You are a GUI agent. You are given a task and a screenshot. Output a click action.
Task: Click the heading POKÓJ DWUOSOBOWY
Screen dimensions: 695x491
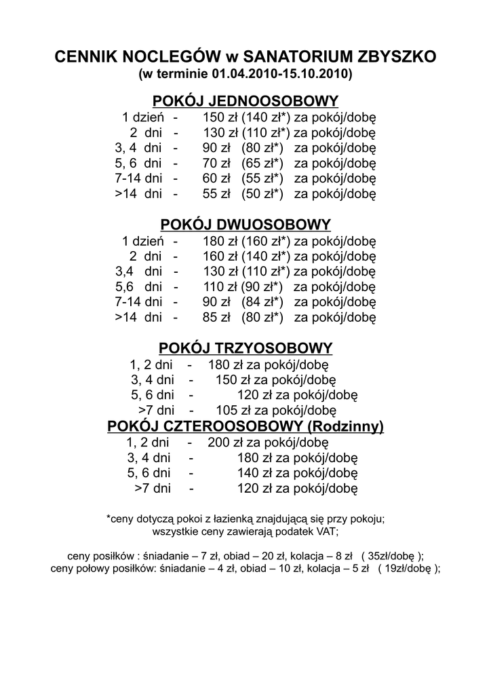[245, 225]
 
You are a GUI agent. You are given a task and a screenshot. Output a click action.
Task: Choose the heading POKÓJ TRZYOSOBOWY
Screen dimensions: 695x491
[245, 348]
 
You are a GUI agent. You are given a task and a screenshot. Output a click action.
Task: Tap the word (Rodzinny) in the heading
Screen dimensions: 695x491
[346, 426]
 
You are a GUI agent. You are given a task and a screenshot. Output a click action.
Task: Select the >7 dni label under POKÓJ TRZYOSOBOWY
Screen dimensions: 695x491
[157, 411]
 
